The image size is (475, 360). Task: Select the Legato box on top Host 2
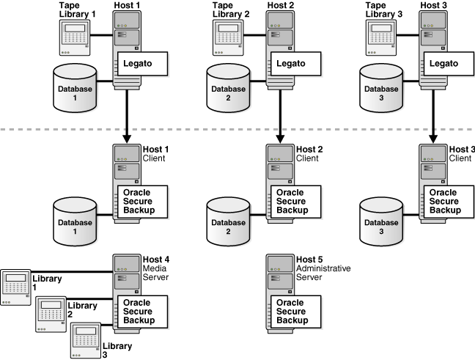click(x=296, y=64)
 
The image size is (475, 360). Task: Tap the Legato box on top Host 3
click(x=449, y=64)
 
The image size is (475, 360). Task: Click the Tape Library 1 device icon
click(x=75, y=37)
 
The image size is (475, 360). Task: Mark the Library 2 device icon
click(x=51, y=314)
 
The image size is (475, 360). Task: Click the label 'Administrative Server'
click(x=323, y=273)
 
